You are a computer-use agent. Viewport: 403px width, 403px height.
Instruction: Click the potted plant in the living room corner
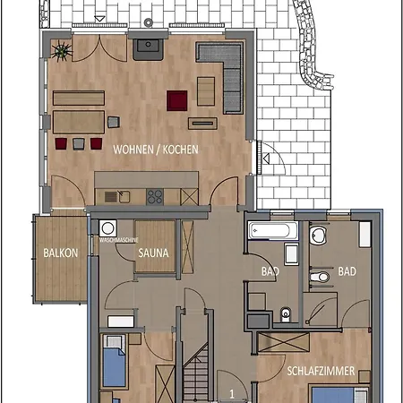(x=62, y=50)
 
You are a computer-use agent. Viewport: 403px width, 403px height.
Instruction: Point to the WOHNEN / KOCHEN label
(x=155, y=150)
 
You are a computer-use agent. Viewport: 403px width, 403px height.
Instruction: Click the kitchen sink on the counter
(x=114, y=195)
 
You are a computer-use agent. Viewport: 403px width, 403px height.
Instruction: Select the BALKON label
(x=60, y=253)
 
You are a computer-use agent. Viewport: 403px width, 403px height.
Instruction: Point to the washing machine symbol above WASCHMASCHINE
(x=108, y=228)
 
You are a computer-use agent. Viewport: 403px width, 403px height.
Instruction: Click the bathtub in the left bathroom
(x=271, y=230)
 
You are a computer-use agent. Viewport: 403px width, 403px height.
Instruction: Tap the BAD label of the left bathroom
(x=267, y=270)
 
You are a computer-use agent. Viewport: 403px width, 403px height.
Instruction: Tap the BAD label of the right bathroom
(x=347, y=270)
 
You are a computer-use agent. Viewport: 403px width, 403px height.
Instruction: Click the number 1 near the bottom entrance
(x=232, y=392)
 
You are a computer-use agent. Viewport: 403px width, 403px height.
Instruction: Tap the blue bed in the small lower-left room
(x=116, y=365)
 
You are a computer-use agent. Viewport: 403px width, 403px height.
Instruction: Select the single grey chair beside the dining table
(x=113, y=121)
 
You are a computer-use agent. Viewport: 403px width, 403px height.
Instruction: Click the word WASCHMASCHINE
(x=117, y=240)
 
